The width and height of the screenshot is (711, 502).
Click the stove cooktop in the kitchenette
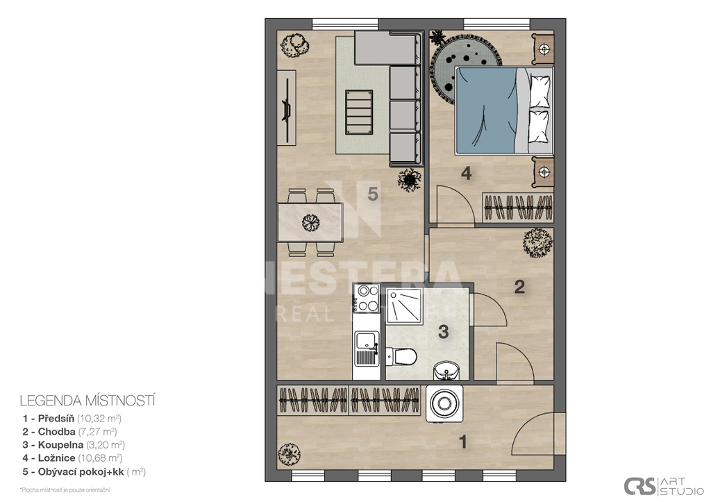point(365,298)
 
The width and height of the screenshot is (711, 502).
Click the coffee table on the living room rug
point(359,109)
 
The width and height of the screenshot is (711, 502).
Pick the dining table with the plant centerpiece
point(310,222)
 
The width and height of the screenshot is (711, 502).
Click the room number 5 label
point(373,195)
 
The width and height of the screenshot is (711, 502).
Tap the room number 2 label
point(519,287)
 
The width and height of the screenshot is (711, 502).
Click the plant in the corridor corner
point(537,243)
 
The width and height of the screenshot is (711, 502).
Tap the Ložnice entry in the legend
point(72,458)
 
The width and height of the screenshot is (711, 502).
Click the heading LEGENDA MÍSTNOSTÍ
point(87,401)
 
